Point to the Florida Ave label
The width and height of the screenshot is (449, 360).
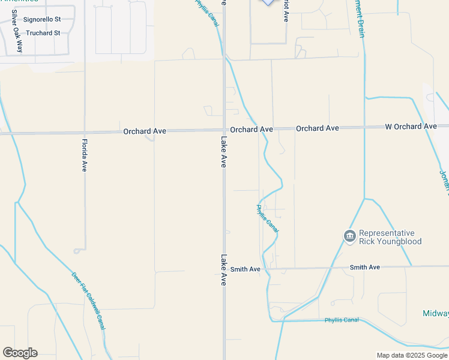coord(85,155)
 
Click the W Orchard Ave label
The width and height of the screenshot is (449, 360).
coord(411,127)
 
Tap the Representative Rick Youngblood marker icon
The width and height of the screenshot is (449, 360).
coord(349,237)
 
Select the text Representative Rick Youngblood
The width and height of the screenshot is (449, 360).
coord(390,238)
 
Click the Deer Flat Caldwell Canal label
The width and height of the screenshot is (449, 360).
coord(88,301)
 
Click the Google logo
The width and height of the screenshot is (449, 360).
coord(20,353)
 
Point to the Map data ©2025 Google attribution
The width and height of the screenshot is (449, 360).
coord(411,355)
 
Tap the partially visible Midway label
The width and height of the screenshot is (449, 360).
coord(435,313)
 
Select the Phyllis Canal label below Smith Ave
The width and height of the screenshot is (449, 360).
coord(342,320)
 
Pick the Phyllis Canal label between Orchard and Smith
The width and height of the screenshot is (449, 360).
coord(268,220)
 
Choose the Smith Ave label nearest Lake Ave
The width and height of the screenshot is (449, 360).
coord(246,269)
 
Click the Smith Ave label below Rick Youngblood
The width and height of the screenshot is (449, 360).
coord(365,267)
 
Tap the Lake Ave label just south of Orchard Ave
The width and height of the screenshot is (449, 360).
coord(224,152)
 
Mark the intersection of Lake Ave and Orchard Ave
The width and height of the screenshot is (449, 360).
coord(224,131)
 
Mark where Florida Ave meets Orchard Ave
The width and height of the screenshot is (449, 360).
coord(85,132)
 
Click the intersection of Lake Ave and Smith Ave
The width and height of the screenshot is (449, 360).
coord(224,269)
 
